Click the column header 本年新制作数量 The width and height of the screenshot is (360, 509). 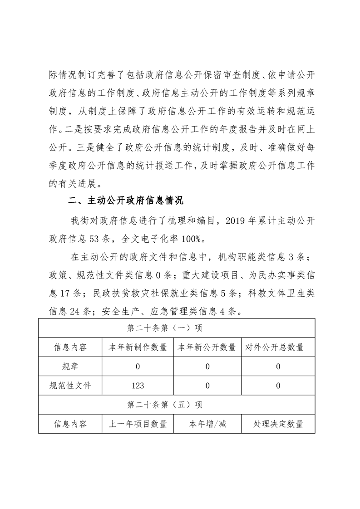(138, 347)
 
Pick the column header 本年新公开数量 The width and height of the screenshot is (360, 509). (207, 347)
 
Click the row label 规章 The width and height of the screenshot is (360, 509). (70, 367)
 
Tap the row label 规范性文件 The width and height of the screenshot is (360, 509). (70, 386)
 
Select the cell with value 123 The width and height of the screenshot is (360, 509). (138, 386)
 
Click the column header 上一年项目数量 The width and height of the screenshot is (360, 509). (138, 424)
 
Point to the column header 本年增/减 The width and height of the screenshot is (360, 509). (207, 424)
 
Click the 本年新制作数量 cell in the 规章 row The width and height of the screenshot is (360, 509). (138, 367)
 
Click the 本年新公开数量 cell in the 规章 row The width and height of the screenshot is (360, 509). (207, 367)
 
